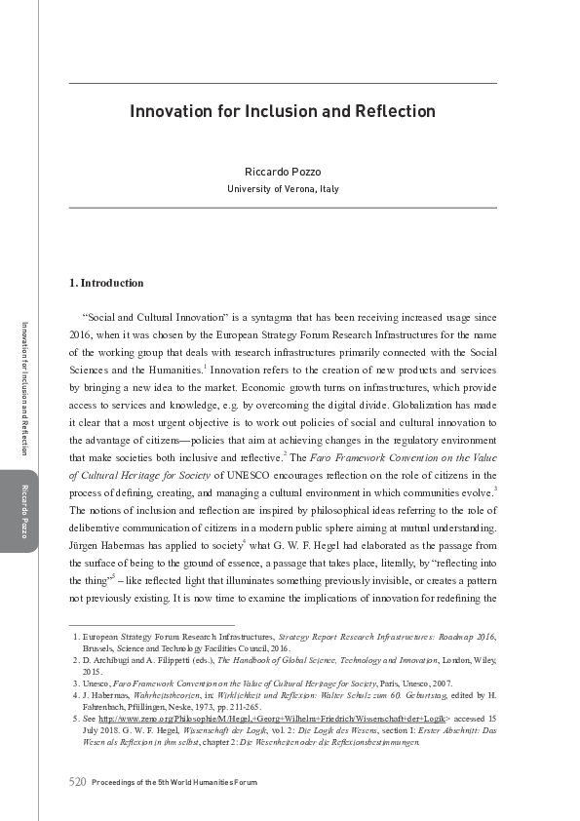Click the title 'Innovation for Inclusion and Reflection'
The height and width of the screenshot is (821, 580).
283,111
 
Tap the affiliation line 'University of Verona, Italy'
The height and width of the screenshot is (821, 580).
283,188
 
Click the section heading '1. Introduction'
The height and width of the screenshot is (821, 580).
106,284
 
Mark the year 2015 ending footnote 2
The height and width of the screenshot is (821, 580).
93,671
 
